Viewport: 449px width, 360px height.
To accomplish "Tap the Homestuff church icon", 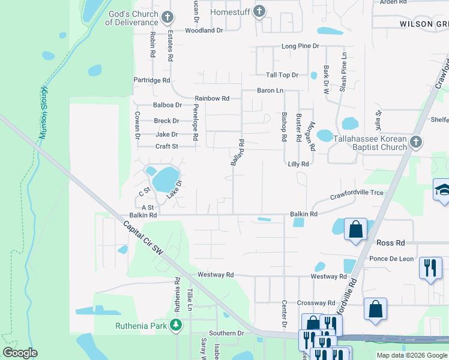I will coord(259,11).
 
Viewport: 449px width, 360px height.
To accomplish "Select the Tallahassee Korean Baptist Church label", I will coord(362,143).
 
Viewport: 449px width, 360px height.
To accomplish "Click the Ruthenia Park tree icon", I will coord(176,326).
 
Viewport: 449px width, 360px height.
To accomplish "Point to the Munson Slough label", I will coord(43,113).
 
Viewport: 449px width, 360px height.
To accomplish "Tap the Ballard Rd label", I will coord(238,153).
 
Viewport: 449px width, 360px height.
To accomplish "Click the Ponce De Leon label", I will coord(391,259).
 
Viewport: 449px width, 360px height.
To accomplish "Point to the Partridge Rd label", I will coord(152,80).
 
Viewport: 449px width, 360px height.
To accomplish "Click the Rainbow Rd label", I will coord(212,98).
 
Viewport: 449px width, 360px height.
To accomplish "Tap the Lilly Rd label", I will coord(298,164).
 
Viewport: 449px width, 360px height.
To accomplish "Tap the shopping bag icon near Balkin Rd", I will coord(355,228).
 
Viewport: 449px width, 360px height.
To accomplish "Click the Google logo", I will coord(20,353).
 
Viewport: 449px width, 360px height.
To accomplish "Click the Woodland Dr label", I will coord(204,30).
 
